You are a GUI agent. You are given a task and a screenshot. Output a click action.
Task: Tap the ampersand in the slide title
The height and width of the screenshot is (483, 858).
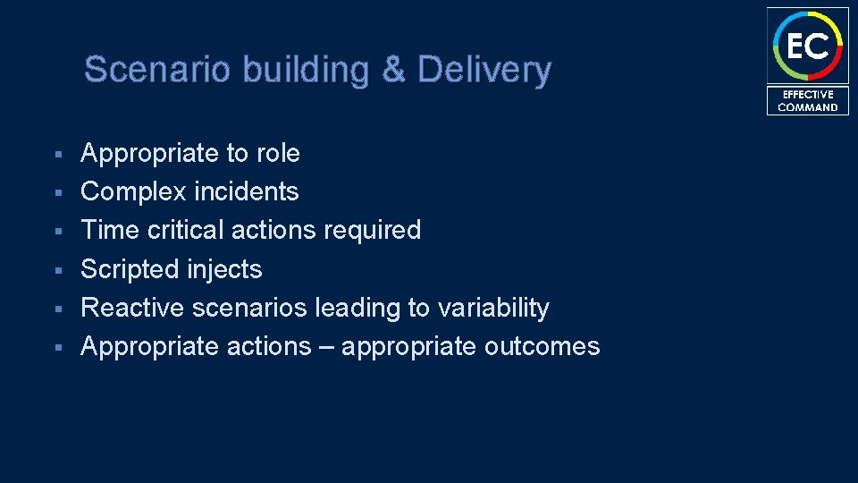[392, 70]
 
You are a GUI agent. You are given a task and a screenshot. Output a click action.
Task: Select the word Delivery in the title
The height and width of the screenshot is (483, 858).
[484, 70]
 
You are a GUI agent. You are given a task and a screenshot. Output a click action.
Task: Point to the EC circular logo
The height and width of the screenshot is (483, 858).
[807, 45]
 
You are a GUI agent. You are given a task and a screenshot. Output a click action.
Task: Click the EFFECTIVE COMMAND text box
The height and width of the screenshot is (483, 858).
[807, 100]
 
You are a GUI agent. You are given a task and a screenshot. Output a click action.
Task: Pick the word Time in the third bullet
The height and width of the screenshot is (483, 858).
[108, 230]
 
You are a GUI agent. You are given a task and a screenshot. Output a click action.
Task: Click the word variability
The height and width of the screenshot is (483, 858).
[493, 309]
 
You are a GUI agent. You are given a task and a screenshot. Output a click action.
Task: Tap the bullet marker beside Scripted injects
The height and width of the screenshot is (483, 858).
[56, 270]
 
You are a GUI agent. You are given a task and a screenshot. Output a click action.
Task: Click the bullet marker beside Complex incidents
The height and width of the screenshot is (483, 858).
[56, 192]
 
